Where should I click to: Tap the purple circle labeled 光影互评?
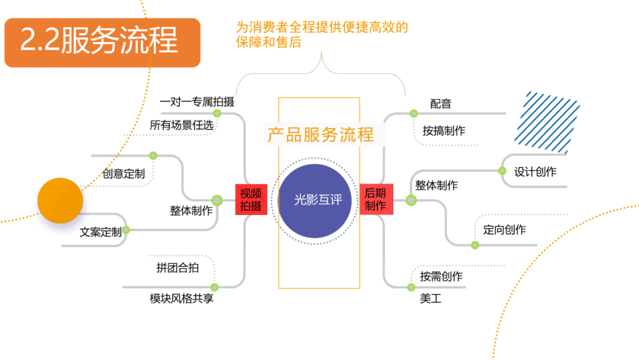click(318, 200)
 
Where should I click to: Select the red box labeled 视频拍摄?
click(251, 200)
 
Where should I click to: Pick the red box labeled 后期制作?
click(376, 200)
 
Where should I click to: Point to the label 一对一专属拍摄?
click(197, 102)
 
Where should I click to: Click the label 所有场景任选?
click(181, 125)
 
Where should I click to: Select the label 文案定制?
click(101, 232)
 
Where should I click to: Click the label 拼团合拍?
click(177, 268)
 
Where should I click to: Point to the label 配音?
click(440, 104)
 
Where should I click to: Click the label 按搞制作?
click(444, 131)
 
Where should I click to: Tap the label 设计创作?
click(535, 172)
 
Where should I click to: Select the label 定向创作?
click(504, 230)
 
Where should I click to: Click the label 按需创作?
click(441, 277)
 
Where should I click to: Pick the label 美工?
click(430, 299)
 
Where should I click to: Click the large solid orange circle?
click(60, 200)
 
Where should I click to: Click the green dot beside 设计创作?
click(502, 171)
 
